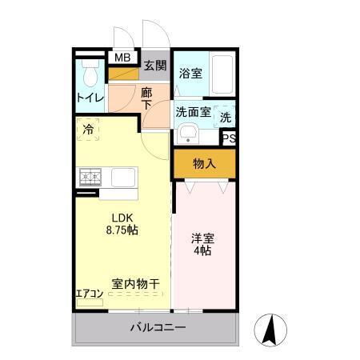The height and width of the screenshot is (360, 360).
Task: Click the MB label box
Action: (x=122, y=58)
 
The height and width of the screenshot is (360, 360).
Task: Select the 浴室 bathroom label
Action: (x=190, y=73)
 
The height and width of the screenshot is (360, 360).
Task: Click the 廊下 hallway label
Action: (x=146, y=99)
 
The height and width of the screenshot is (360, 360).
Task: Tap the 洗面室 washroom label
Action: (x=194, y=113)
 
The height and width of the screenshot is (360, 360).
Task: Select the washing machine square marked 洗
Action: (x=226, y=114)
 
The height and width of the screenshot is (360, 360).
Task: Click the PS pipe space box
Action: (x=229, y=138)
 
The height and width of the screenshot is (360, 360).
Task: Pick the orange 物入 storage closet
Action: (x=204, y=164)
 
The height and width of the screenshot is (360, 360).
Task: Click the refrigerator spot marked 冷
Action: (x=87, y=128)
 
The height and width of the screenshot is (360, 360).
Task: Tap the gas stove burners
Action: (x=90, y=177)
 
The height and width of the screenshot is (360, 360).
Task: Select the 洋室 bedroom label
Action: (x=202, y=238)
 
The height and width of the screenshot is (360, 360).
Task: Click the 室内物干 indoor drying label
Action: (x=136, y=282)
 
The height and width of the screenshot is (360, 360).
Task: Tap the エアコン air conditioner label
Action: (x=90, y=294)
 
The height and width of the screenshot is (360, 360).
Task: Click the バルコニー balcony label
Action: (x=158, y=328)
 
